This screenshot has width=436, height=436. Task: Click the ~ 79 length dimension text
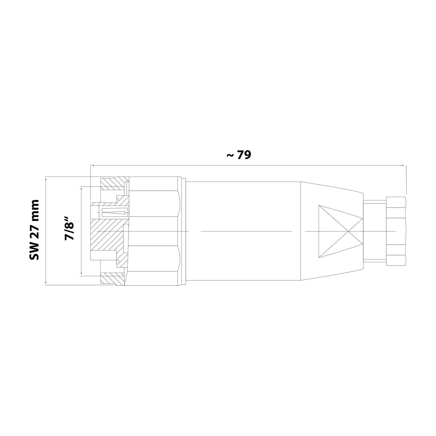click(238, 155)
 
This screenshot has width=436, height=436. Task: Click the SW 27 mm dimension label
click(35, 230)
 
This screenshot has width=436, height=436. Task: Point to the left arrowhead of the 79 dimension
click(93, 165)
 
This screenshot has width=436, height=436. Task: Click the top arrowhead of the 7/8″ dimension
click(81, 189)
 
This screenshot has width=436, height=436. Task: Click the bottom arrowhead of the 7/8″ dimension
click(81, 272)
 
